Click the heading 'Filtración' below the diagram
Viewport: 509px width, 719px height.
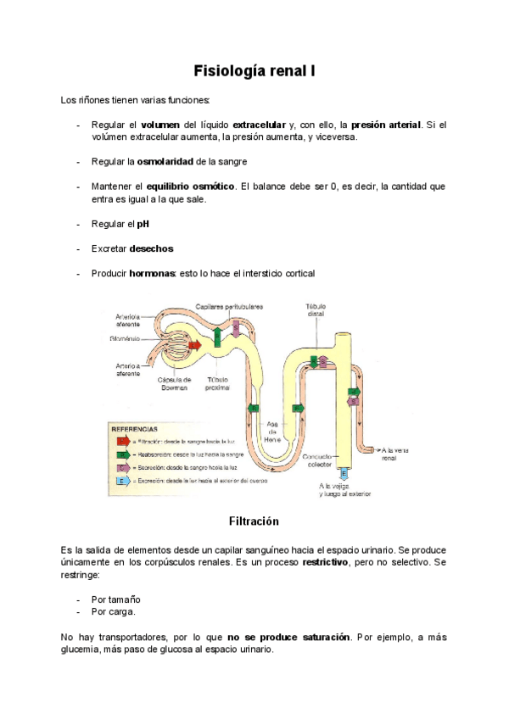255,520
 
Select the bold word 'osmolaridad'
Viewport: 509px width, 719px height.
165,161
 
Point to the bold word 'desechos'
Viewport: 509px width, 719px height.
151,248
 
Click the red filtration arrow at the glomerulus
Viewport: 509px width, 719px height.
194,345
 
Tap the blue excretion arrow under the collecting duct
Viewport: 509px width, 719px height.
344,472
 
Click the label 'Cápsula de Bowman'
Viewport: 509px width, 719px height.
175,383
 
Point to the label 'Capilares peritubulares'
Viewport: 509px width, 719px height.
229,306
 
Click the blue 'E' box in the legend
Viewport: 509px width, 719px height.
123,480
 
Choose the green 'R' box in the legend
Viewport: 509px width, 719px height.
123,454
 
